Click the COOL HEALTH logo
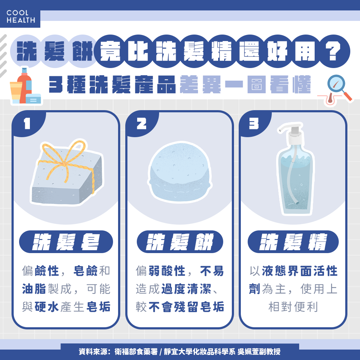(x=21, y=17)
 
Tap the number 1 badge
(x=27, y=123)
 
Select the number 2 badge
(x=141, y=123)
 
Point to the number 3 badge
(x=254, y=123)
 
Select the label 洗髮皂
(x=66, y=242)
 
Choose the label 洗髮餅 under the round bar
(x=180, y=242)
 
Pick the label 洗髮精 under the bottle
(x=293, y=242)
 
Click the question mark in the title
(x=333, y=51)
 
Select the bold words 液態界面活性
(x=300, y=271)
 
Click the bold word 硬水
(x=47, y=307)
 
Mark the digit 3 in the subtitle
(x=56, y=84)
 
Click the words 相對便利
(x=293, y=307)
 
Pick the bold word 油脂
(x=34, y=289)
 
